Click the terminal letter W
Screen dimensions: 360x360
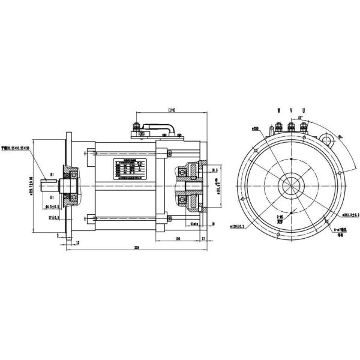click(x=278, y=111)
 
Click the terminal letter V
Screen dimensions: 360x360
click(x=291, y=111)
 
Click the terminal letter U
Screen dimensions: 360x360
click(x=304, y=111)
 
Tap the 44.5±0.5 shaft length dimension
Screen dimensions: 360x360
click(x=56, y=207)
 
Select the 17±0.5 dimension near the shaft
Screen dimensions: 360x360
click(x=56, y=217)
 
